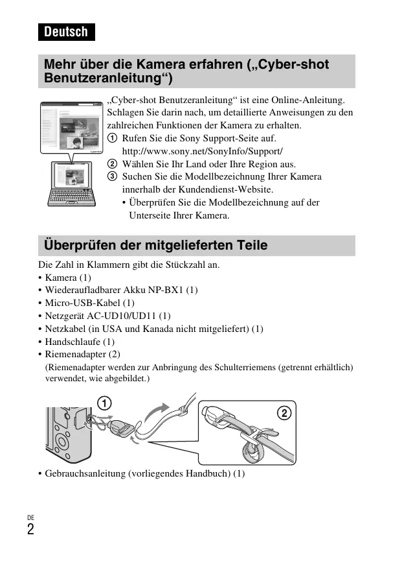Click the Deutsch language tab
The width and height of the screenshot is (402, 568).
click(x=66, y=32)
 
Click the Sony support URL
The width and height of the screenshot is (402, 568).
click(x=202, y=151)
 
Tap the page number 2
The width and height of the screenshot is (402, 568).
click(x=30, y=530)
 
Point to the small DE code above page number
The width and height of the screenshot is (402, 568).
click(x=30, y=517)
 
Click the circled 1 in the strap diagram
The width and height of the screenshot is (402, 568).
click(x=103, y=403)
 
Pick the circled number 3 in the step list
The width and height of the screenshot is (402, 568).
click(x=112, y=177)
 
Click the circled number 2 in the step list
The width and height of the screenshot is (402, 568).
click(x=112, y=164)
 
